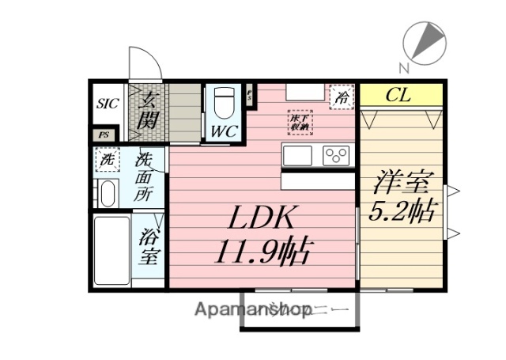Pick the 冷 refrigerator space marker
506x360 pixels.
pyautogui.click(x=342, y=98)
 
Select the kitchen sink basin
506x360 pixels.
pyautogui.click(x=299, y=156)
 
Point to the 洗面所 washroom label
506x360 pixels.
pyautogui.click(x=143, y=179)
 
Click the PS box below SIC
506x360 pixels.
pyautogui.click(x=102, y=135)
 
